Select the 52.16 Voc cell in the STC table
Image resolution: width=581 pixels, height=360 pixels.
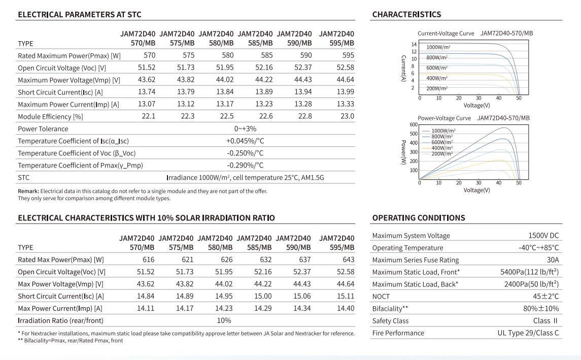264,68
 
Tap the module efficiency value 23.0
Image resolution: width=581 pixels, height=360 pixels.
347,116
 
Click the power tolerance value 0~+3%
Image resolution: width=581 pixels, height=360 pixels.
245,128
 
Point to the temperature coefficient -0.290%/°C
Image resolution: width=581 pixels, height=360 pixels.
245,165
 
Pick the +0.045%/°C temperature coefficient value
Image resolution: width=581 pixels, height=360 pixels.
245,141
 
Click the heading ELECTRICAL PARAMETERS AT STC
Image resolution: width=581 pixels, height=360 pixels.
80,14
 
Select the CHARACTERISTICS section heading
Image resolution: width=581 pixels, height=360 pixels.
406,14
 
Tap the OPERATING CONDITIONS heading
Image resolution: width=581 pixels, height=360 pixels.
419,218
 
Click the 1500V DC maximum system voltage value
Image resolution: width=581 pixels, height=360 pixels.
543,236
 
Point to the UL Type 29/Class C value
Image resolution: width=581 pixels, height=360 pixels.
528,333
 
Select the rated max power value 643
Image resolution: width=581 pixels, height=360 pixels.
348,259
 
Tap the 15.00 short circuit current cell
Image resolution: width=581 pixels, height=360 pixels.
263,296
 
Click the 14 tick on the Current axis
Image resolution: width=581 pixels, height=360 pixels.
414,45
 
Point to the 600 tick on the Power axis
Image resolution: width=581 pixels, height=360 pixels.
414,124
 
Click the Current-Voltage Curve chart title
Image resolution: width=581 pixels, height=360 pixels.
446,34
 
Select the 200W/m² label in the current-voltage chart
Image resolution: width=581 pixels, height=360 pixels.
437,88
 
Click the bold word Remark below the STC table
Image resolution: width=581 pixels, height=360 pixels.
28,191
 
